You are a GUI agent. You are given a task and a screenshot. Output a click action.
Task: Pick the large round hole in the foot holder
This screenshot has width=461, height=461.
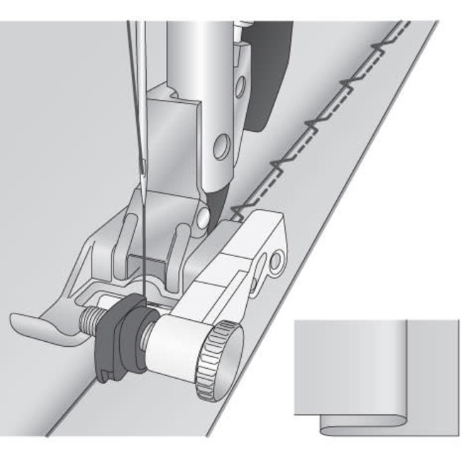click(223, 148)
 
